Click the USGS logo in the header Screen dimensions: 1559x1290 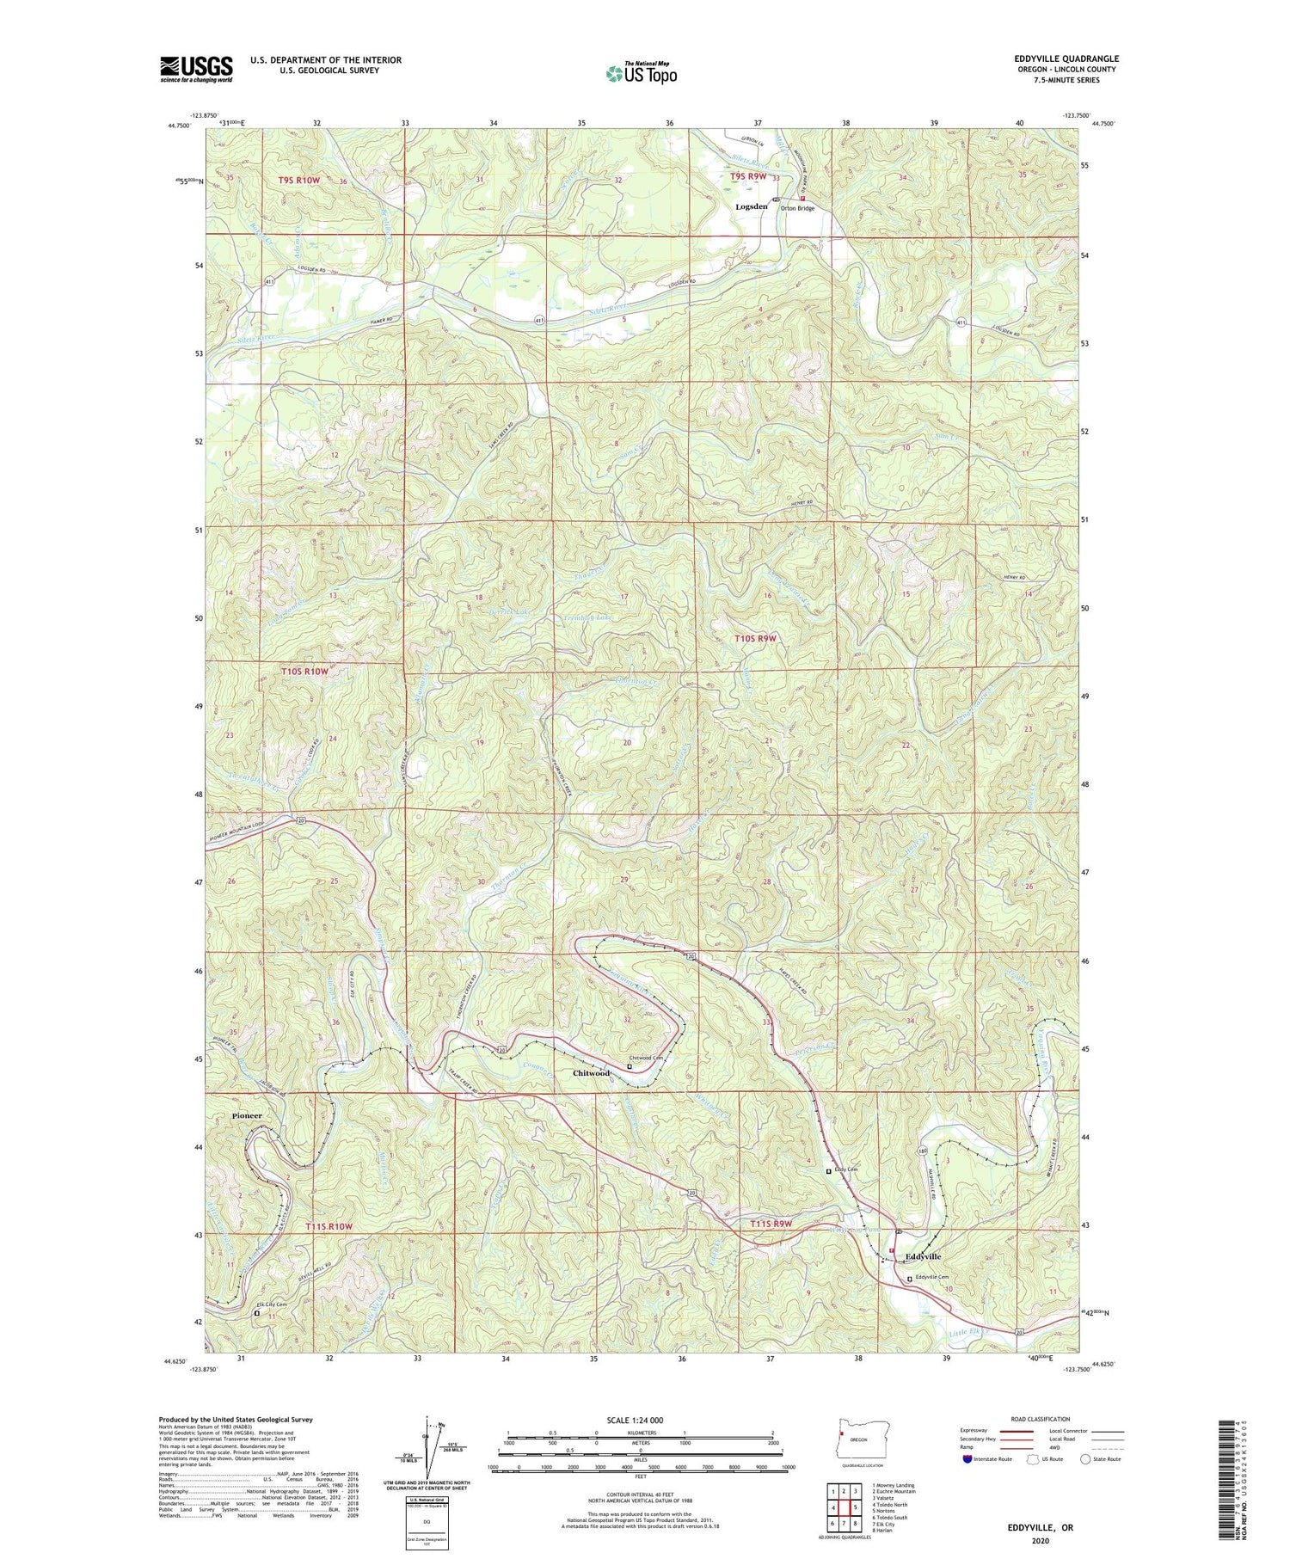(x=196, y=68)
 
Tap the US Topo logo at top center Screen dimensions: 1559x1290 (x=641, y=74)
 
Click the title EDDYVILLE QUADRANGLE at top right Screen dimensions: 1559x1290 (x=1066, y=58)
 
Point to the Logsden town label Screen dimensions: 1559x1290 (x=751, y=207)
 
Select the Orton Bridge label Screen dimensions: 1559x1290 (x=797, y=208)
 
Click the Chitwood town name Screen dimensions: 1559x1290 (x=592, y=1073)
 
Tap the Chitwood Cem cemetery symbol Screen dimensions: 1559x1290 (x=630, y=1066)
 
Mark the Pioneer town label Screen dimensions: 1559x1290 (x=246, y=1115)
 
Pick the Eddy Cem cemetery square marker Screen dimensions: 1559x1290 (x=829, y=1171)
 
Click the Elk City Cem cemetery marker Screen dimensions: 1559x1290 (x=256, y=1312)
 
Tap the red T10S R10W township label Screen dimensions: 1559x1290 (x=304, y=671)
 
